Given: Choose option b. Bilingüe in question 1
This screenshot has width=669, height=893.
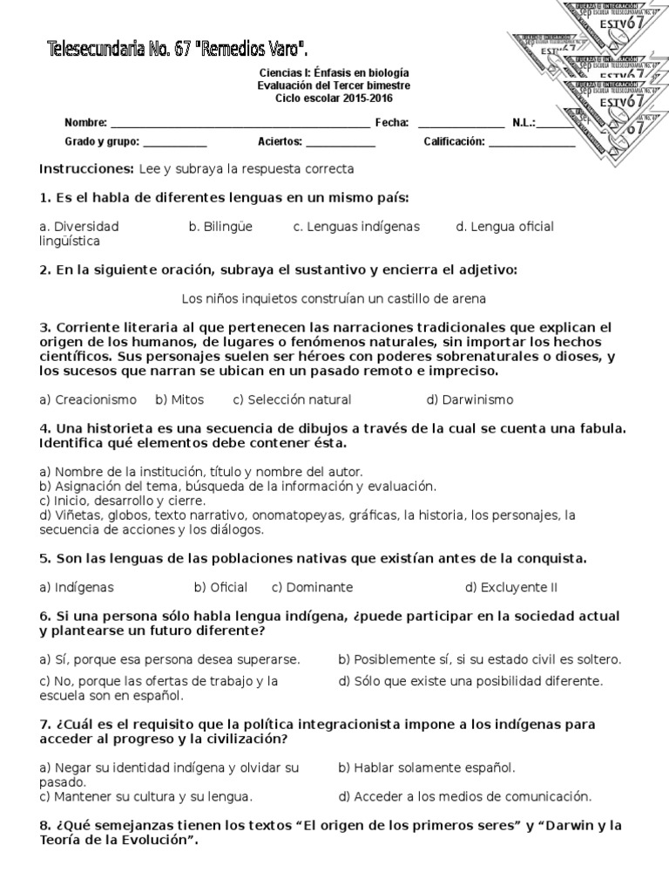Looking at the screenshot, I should pos(220,227).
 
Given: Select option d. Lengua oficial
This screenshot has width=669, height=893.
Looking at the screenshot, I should pos(504,227).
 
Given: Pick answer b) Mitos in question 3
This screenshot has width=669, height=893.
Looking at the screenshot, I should pos(179,399).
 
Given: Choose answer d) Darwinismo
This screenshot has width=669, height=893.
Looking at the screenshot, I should pos(470,399).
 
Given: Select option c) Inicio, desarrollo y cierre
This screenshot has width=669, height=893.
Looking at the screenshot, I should pos(123,501).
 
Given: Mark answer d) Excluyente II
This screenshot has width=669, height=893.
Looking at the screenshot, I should pos(510,587).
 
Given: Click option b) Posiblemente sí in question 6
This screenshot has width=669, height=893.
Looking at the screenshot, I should pos(480,658).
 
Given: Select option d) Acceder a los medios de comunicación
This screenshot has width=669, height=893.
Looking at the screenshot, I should pos(465,795).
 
